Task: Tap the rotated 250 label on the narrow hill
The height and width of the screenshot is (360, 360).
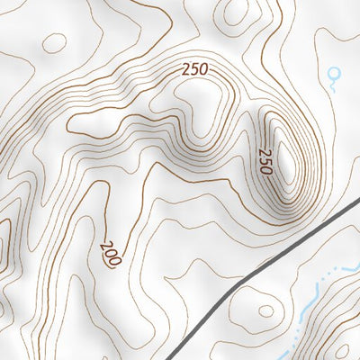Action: coord(265,160)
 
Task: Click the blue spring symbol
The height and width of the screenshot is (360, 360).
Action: coord(337,77)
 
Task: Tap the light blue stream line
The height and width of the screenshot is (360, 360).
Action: coord(310,297)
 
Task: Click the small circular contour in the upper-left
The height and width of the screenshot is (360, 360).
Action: coord(54,42)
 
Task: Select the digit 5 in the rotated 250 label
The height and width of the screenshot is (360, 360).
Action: coord(265,160)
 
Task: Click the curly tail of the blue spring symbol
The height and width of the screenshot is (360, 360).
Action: coord(335,85)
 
